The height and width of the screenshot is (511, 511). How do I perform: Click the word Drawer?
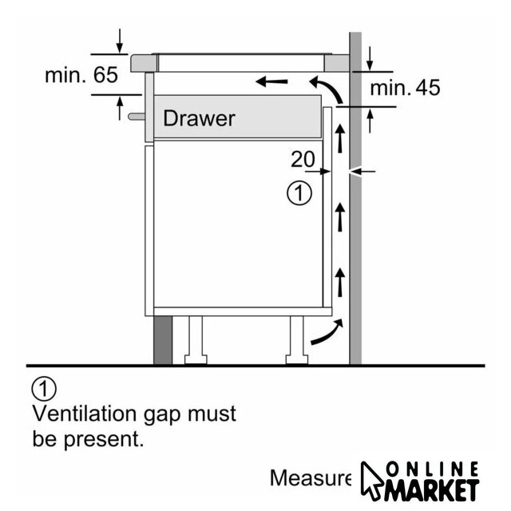click(199, 119)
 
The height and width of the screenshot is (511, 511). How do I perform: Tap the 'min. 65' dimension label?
click(81, 76)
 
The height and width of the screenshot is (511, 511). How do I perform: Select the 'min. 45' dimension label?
click(406, 88)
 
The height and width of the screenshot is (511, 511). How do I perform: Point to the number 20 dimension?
click(303, 160)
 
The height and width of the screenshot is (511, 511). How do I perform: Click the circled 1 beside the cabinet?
click(298, 193)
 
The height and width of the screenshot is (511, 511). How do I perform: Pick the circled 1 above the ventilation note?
click(44, 389)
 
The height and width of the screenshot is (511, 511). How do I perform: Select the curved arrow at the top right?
click(323, 86)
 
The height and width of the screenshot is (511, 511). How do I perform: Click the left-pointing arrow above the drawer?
click(271, 81)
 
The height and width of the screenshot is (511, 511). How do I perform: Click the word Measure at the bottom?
click(310, 478)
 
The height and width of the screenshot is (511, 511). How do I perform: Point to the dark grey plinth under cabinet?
click(163, 339)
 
